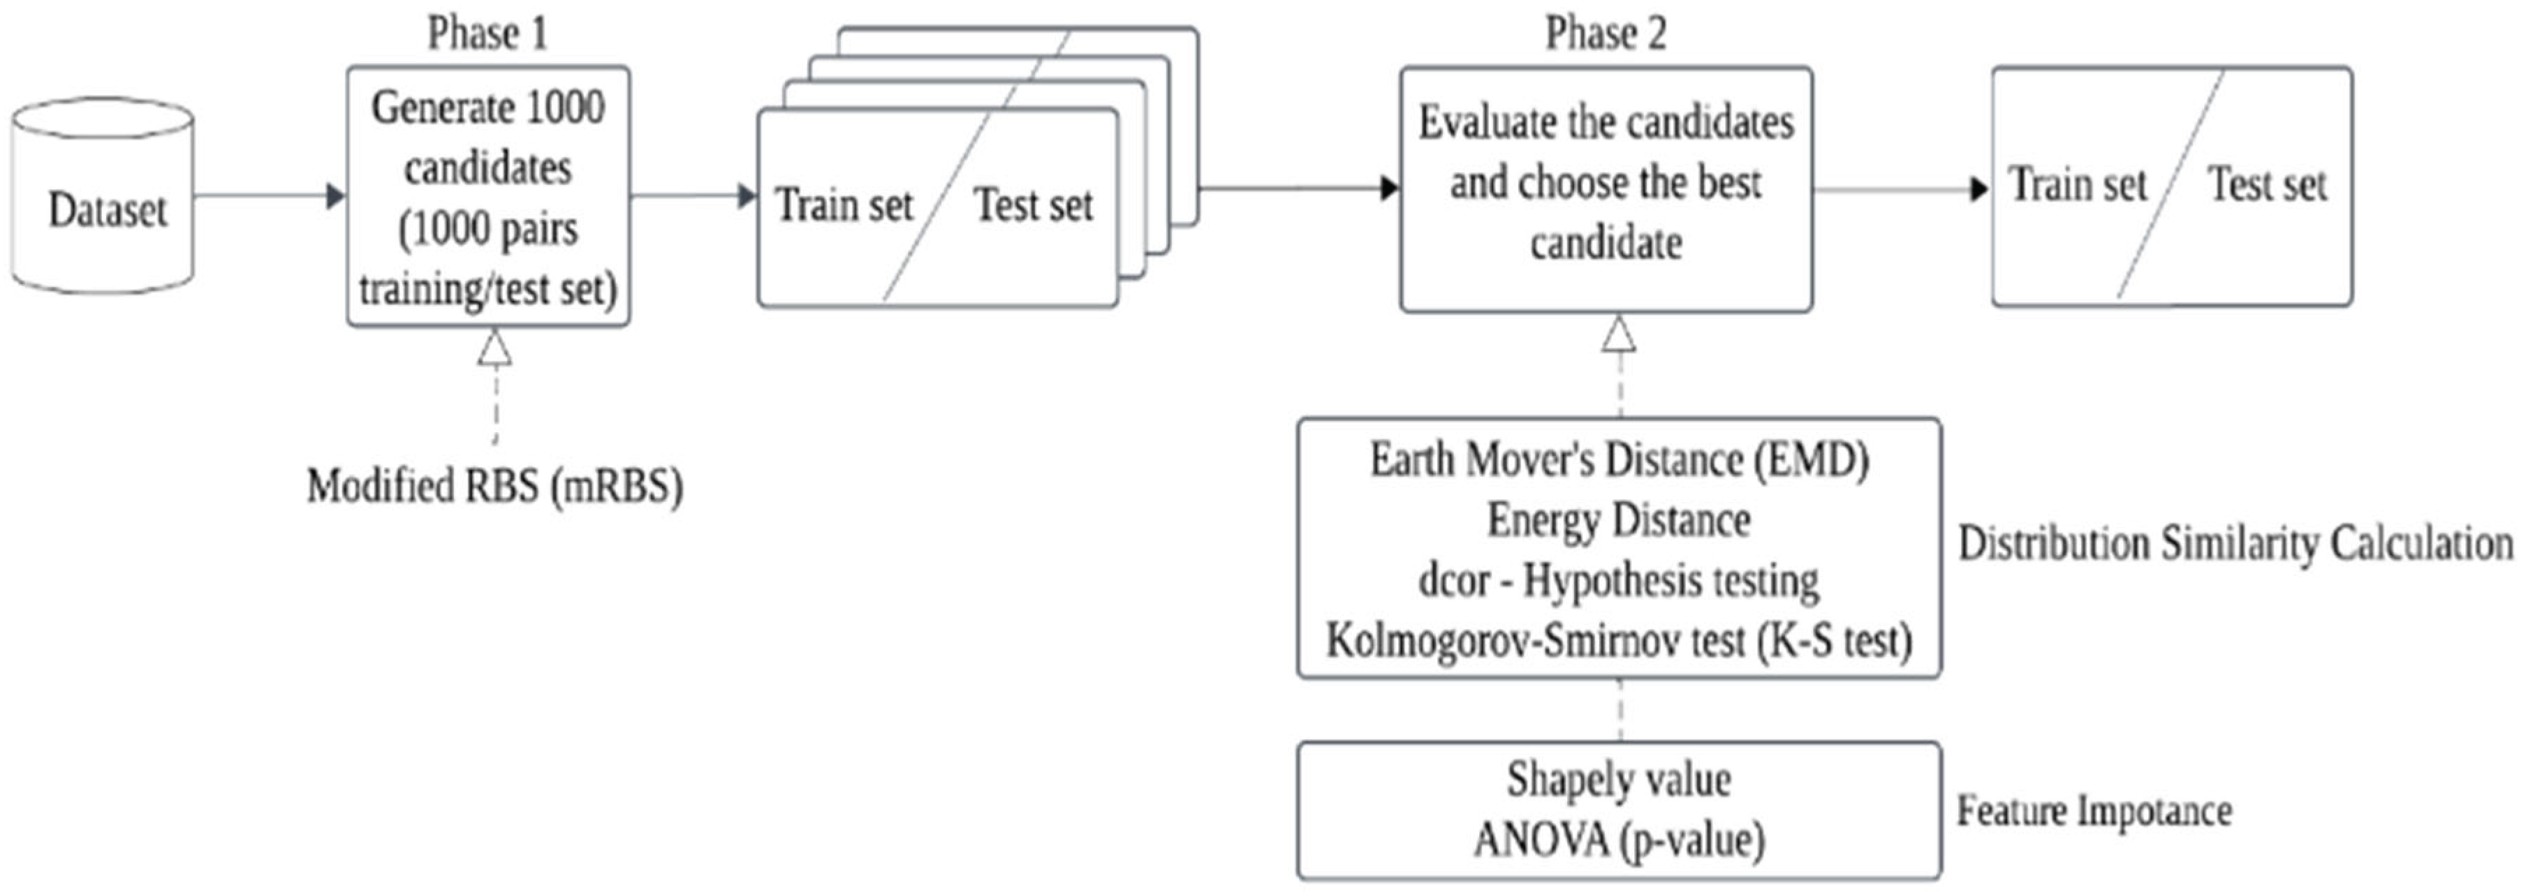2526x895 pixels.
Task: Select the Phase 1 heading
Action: pos(487,34)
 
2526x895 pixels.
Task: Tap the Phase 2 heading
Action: pos(1606,34)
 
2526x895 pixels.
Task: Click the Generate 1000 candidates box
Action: pos(487,196)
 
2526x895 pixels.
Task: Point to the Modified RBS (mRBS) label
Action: pos(494,486)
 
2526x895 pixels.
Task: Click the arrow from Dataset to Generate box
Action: pos(270,196)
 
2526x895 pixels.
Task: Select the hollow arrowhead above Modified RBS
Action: pos(494,348)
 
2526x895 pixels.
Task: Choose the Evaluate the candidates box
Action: pos(1606,186)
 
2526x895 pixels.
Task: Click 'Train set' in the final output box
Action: pos(2077,184)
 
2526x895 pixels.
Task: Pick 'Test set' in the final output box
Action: pos(2266,184)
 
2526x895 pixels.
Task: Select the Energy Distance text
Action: pos(1619,519)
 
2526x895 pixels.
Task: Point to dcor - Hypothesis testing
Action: pos(1619,580)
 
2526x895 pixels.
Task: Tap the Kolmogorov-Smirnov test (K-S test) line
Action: pos(1619,641)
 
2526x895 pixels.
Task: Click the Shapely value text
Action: pos(1619,779)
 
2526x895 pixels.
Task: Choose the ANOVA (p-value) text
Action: pos(1619,840)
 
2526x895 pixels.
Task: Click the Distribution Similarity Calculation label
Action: pos(2235,543)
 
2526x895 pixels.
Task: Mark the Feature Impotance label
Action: pos(2094,811)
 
